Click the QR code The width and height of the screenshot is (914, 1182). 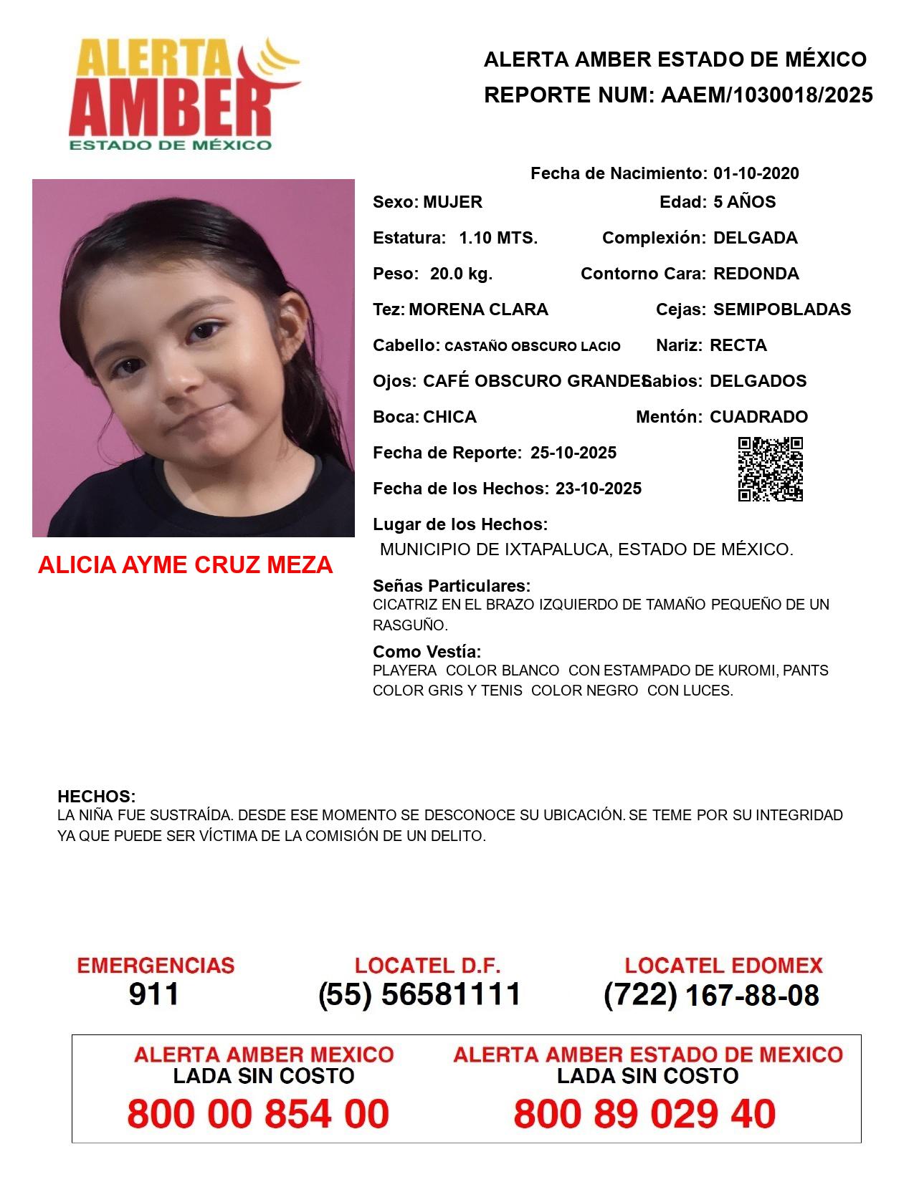tap(771, 469)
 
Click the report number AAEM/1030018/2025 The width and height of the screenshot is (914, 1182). tap(766, 95)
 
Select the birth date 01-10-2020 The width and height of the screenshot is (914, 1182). tap(756, 173)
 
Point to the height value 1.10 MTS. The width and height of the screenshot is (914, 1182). tap(498, 238)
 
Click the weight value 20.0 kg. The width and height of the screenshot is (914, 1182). tap(461, 274)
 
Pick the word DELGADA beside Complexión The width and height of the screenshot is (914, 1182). tap(755, 238)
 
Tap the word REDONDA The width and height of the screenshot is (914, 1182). tap(756, 274)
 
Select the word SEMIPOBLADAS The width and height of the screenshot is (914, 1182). tap(781, 309)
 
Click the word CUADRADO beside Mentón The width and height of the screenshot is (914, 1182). tap(758, 417)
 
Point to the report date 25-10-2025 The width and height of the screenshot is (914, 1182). tap(573, 453)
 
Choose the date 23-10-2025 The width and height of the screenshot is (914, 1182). tap(598, 489)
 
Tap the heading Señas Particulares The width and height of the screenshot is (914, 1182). tap(452, 586)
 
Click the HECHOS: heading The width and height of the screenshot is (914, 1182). tap(96, 797)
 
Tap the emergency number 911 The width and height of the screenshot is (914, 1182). tap(154, 994)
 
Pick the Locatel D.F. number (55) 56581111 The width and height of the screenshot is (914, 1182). tap(419, 994)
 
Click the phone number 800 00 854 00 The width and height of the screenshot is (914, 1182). tap(258, 1115)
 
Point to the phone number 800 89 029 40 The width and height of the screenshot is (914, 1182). tap(644, 1115)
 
